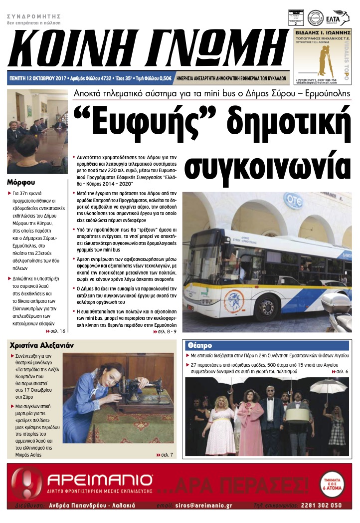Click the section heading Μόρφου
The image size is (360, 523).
[x=21, y=182]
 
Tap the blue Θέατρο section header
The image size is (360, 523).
[x=199, y=345]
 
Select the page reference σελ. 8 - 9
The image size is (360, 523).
[x=165, y=331]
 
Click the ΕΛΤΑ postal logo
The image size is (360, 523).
[x=341, y=17]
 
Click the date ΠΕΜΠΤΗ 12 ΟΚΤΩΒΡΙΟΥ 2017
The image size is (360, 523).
[x=38, y=78]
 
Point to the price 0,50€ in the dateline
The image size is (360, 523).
[x=165, y=78]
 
